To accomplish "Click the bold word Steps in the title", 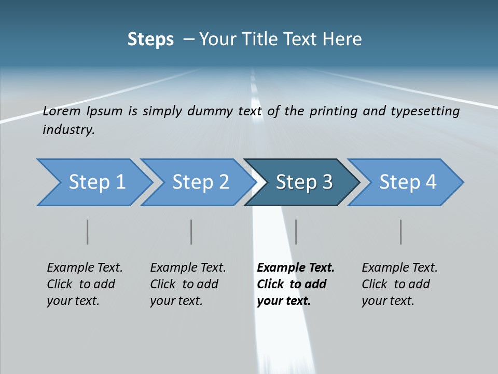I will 150,39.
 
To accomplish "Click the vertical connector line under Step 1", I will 88,232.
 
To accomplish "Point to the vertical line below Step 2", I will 191,232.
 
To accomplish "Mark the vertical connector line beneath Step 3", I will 296,232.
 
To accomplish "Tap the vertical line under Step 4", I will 400,232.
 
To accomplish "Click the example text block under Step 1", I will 85,284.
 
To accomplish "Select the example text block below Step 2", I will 188,284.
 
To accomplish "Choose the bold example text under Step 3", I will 296,284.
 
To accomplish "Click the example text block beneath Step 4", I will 399,284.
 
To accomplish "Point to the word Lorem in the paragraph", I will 62,111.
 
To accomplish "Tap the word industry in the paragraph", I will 68,130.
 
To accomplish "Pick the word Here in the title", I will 344,39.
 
